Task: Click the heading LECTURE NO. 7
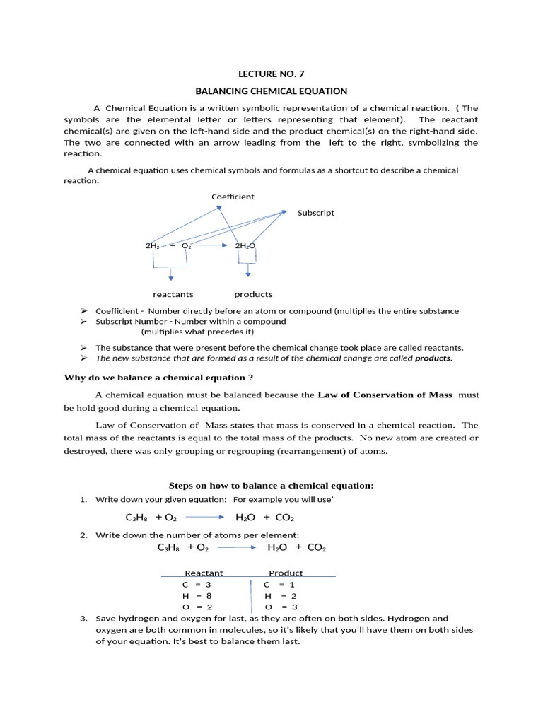click(x=271, y=74)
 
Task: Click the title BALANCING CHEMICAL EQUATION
click(x=271, y=91)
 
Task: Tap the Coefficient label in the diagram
click(x=233, y=197)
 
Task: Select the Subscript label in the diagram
click(x=316, y=213)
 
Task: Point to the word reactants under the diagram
click(x=173, y=294)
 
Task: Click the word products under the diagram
click(x=253, y=294)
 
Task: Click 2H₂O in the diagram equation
click(x=245, y=246)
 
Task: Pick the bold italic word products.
click(x=433, y=358)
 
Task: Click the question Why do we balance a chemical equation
click(x=158, y=378)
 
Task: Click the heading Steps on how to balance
click(x=271, y=486)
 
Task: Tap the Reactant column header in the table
click(x=204, y=573)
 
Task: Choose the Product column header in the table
click(x=286, y=573)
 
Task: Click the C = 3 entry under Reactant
click(x=197, y=585)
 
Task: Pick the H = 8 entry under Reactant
click(x=197, y=596)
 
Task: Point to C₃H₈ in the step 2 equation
click(x=170, y=548)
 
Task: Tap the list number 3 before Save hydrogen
click(x=83, y=619)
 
